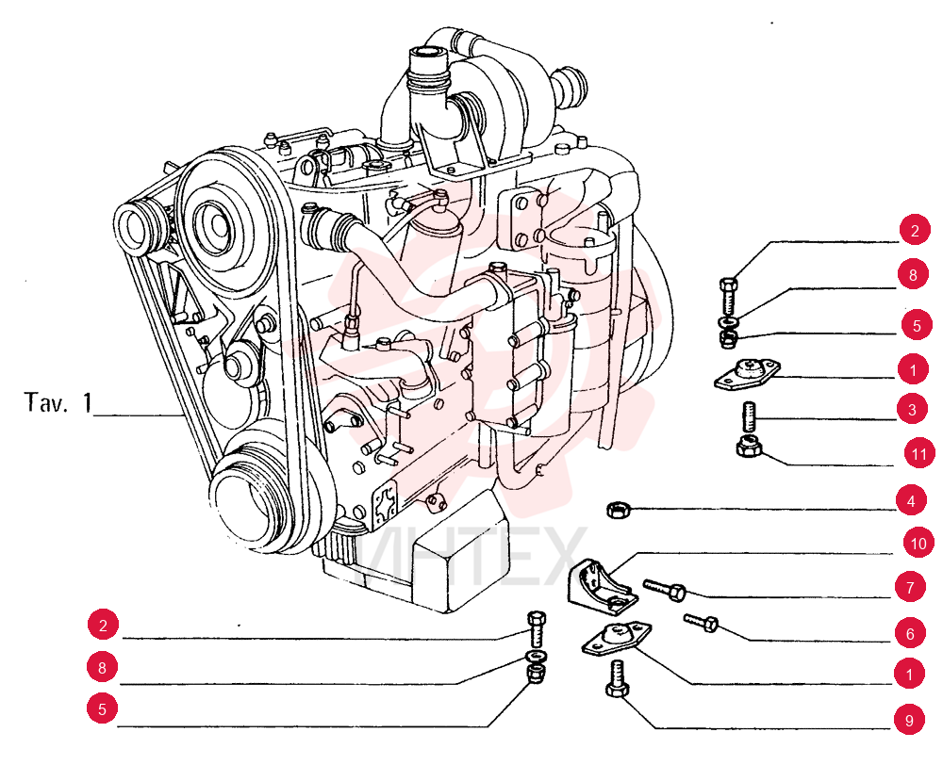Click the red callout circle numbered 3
point(912,409)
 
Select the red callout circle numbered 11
point(919,453)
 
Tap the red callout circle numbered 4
point(911,500)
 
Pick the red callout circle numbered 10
point(918,544)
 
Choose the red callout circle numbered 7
point(910,587)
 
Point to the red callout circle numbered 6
point(909,633)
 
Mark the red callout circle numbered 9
point(909,720)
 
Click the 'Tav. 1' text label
point(58,402)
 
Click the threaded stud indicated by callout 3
point(748,416)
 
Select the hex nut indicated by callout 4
point(618,511)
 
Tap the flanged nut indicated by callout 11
point(749,448)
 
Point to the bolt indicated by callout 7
point(665,590)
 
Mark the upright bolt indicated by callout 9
point(617,678)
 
